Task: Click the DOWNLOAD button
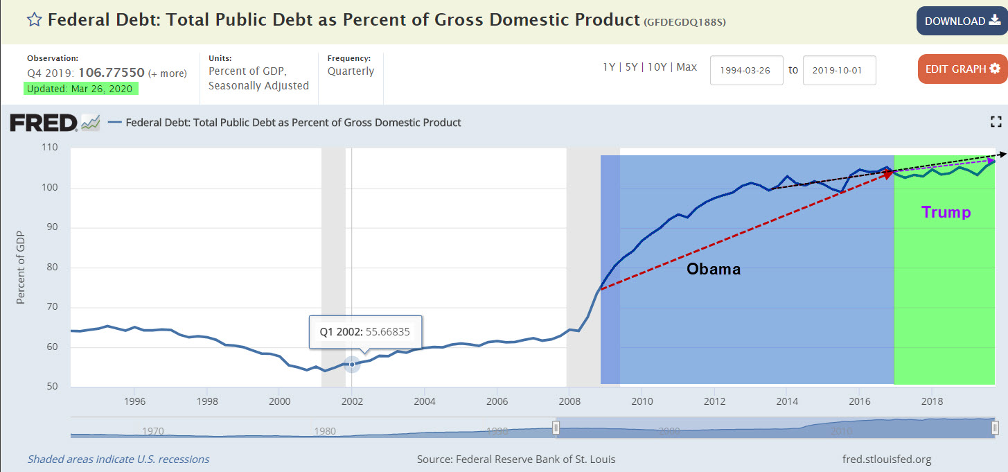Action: click(x=962, y=21)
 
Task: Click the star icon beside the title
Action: click(x=34, y=19)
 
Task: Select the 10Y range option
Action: click(x=657, y=67)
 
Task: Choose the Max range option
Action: click(x=687, y=67)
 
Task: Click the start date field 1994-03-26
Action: click(x=746, y=71)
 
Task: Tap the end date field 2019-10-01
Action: click(x=839, y=71)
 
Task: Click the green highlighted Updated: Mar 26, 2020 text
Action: click(x=81, y=89)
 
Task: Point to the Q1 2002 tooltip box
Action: click(x=365, y=332)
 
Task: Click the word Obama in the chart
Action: click(x=714, y=269)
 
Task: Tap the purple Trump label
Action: click(x=946, y=213)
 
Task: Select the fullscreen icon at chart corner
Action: click(x=996, y=123)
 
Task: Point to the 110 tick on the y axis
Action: click(x=49, y=148)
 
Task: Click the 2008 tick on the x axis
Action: click(x=569, y=401)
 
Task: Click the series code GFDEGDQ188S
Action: click(x=685, y=22)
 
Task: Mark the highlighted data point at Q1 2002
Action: click(x=352, y=363)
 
